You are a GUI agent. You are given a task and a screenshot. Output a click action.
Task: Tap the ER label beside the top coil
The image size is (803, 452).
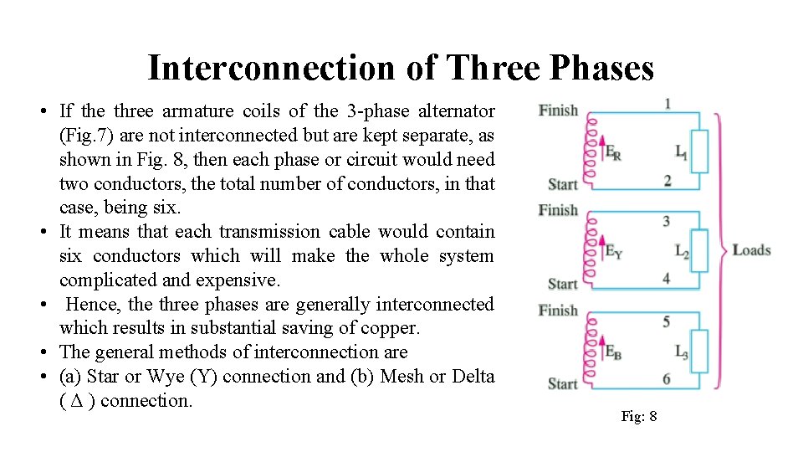point(612,153)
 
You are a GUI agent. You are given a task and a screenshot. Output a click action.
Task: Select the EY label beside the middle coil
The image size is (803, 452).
point(613,250)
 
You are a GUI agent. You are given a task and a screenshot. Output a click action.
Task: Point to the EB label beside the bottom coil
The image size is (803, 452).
point(613,352)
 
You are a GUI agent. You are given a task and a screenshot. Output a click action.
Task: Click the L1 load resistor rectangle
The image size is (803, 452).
point(700,152)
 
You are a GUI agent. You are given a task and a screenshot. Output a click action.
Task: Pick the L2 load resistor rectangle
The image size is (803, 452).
point(700,250)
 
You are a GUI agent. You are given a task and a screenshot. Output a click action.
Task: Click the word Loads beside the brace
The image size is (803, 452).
point(751,250)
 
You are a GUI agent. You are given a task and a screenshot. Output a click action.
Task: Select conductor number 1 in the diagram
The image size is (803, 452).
point(667,104)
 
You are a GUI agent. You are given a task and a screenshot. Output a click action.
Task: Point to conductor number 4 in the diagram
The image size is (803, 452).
point(667,279)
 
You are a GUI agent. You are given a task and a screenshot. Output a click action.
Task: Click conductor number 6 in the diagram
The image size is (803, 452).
point(667,379)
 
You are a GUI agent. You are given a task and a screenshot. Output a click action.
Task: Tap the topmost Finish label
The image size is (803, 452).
point(558,110)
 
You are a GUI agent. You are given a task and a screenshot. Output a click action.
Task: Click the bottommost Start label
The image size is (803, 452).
point(562,384)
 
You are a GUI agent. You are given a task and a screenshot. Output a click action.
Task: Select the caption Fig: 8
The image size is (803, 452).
point(639,416)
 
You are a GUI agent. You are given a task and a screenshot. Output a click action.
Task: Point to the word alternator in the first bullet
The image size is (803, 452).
point(458,111)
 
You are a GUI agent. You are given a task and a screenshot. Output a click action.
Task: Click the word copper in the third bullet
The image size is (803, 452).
point(395,328)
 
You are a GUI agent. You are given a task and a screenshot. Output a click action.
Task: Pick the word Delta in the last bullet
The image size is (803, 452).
point(473,377)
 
